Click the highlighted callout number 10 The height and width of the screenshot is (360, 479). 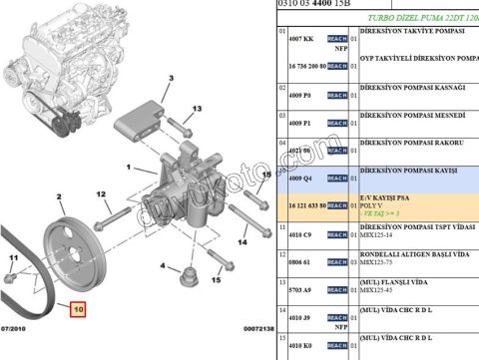[79, 309]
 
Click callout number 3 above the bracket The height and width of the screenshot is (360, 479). [171, 78]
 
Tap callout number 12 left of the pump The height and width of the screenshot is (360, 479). [101, 193]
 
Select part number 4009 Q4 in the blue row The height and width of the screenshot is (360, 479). [300, 177]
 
